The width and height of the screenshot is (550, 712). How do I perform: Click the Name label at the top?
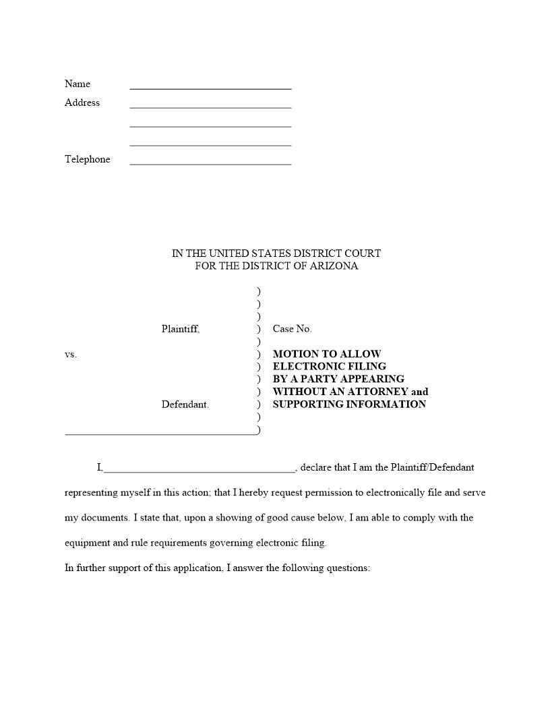pos(78,84)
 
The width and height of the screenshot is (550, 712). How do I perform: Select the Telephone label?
pos(88,159)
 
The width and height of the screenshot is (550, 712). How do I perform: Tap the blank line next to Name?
pos(210,88)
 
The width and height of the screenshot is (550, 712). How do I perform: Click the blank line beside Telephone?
pos(210,163)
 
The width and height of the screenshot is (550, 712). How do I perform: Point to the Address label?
pos(82,102)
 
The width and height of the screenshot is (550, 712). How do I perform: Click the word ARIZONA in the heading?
pos(335,266)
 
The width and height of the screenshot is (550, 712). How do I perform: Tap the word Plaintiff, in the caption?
pos(181,329)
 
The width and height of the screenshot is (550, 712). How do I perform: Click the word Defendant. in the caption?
pos(185,405)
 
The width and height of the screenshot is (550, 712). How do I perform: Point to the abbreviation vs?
pos(71,354)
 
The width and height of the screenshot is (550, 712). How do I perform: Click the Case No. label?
pos(293,329)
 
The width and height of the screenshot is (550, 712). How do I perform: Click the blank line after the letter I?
pos(200,471)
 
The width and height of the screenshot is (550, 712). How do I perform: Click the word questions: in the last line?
pos(348,568)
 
